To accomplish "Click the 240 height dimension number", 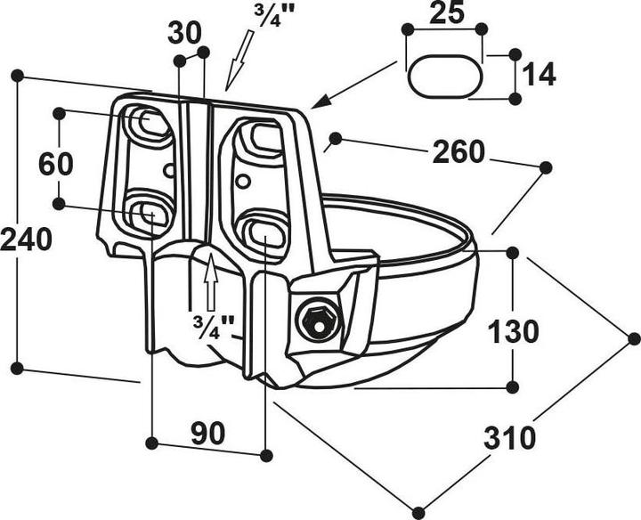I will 26,240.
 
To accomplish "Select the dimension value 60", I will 56,163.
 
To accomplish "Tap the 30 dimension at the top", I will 185,33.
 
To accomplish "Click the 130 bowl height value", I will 513,331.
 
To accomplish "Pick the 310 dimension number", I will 510,437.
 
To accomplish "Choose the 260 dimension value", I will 458,152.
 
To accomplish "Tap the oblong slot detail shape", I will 445,77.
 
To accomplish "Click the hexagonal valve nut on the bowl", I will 319,320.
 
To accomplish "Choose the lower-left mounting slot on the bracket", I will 148,213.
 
